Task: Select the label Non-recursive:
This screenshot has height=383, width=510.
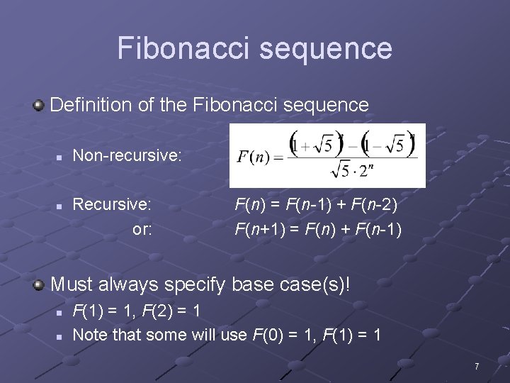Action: [x=127, y=154]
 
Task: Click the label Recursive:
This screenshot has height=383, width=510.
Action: [x=112, y=205]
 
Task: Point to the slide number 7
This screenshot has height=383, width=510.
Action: [x=477, y=367]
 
